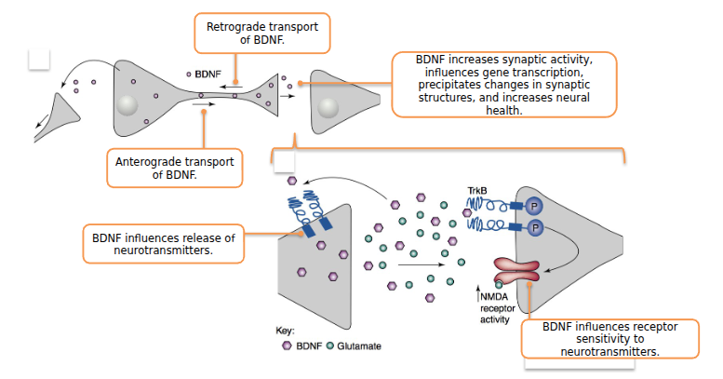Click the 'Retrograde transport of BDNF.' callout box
[261, 34]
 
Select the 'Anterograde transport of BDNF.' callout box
[174, 169]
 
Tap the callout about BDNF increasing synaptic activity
[503, 84]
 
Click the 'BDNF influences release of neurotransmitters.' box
[163, 244]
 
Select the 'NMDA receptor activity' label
[495, 307]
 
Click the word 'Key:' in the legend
[286, 331]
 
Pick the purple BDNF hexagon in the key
[287, 345]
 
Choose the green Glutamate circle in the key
[330, 345]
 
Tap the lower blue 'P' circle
[535, 227]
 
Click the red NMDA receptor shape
[516, 269]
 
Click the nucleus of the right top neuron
[327, 107]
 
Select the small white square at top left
[39, 59]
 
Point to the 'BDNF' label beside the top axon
[208, 73]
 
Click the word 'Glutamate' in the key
[359, 345]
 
